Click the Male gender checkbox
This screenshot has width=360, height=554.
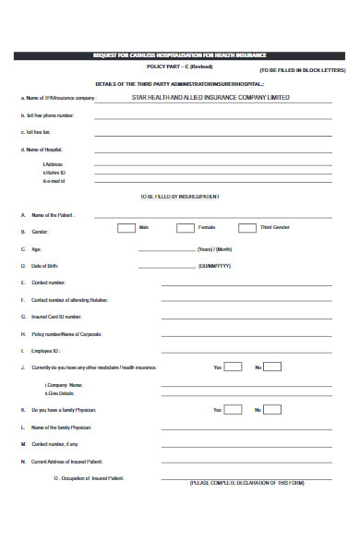click(x=126, y=227)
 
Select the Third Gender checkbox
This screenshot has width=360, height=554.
click(x=247, y=227)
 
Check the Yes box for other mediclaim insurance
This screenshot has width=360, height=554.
click(x=234, y=367)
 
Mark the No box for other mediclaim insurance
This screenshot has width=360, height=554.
click(x=274, y=367)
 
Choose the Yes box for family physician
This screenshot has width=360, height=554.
click(x=234, y=409)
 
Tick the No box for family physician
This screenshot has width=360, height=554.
click(x=274, y=409)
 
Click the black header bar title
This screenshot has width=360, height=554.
click(x=180, y=55)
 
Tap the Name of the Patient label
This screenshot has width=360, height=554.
click(x=53, y=214)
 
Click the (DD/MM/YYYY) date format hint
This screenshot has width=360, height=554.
click(x=214, y=265)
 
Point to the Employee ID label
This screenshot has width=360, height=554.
click(x=45, y=351)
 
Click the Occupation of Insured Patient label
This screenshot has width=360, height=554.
click(x=89, y=478)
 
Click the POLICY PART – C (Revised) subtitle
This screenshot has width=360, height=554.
click(x=180, y=67)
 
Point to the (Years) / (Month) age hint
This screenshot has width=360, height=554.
click(x=214, y=249)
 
